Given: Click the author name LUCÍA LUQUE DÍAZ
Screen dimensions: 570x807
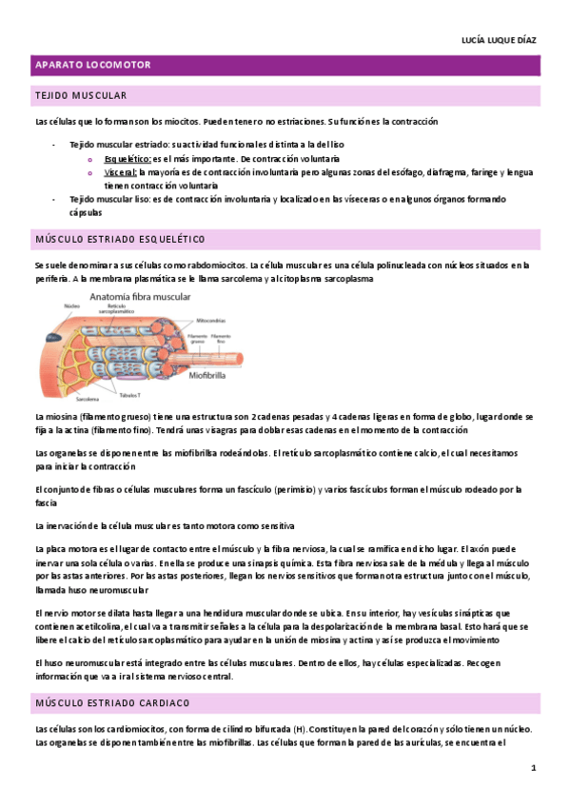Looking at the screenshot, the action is click(499, 40).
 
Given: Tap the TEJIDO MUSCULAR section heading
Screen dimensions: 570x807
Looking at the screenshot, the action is click(81, 96).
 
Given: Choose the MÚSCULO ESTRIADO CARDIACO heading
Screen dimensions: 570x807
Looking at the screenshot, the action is click(112, 702).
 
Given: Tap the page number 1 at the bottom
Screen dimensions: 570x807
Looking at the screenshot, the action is click(534, 767).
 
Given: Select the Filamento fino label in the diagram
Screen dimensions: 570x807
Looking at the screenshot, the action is click(222, 340).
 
